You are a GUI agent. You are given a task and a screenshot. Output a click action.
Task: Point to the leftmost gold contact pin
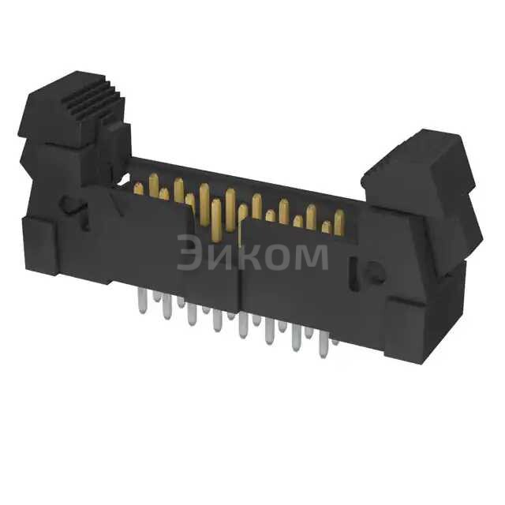(139, 188)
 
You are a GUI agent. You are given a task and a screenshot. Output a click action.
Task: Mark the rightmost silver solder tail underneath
(335, 338)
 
